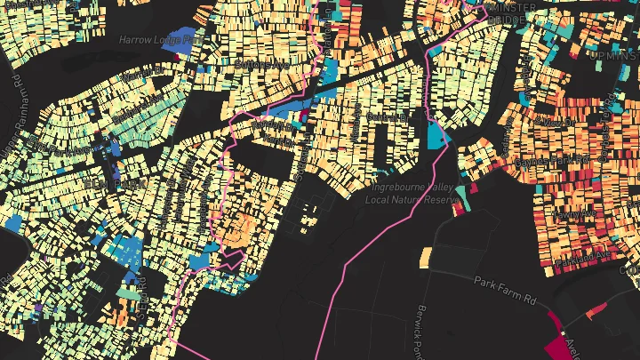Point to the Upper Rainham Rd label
[17, 98]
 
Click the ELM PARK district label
[105, 183]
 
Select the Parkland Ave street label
[580, 255]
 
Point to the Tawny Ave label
[574, 214]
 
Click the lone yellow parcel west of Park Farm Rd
[425, 256]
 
